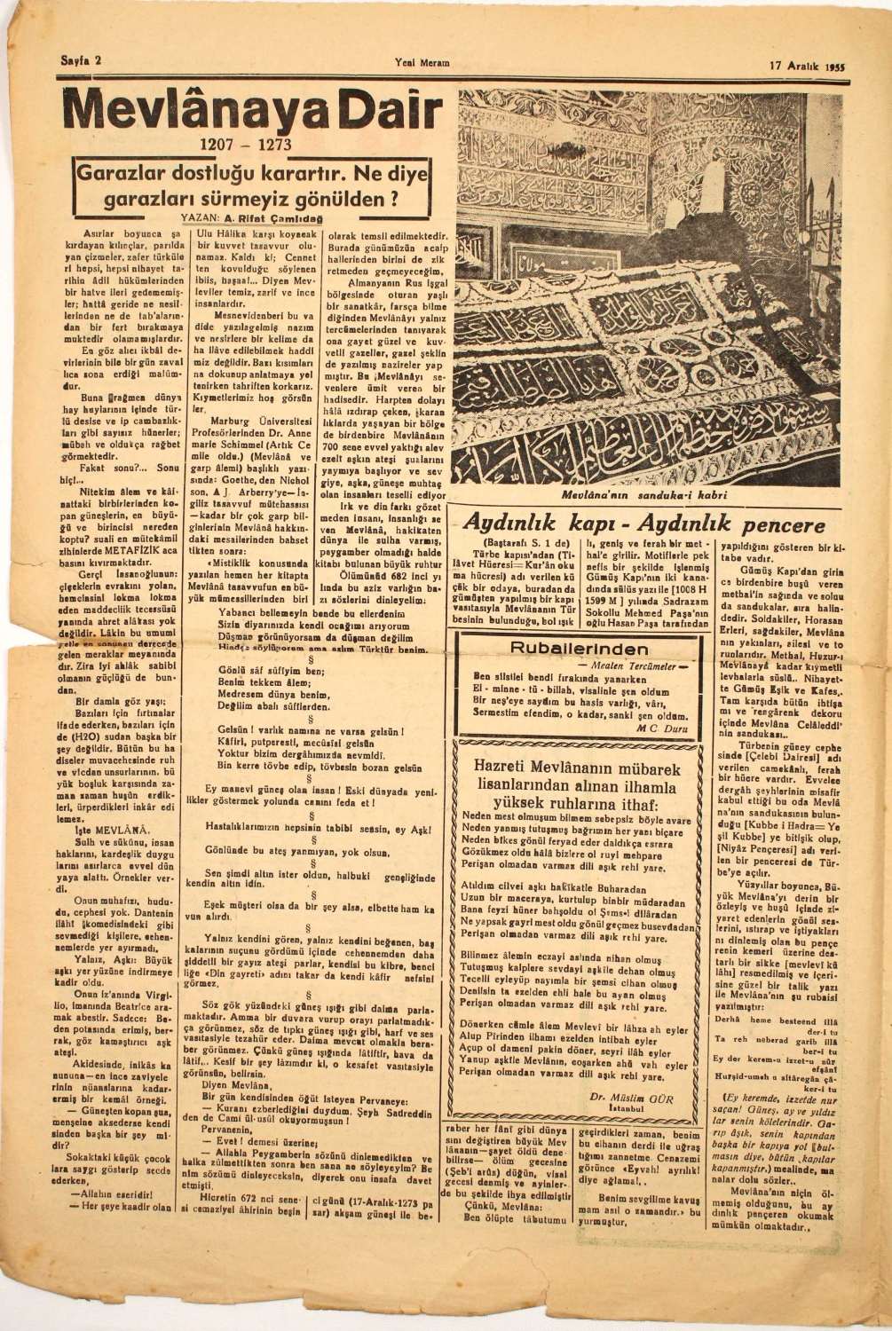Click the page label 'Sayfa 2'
[x=80, y=61]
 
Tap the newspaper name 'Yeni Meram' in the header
[x=422, y=62]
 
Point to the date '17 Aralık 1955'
[x=805, y=66]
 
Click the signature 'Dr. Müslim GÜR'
[x=631, y=1098]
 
